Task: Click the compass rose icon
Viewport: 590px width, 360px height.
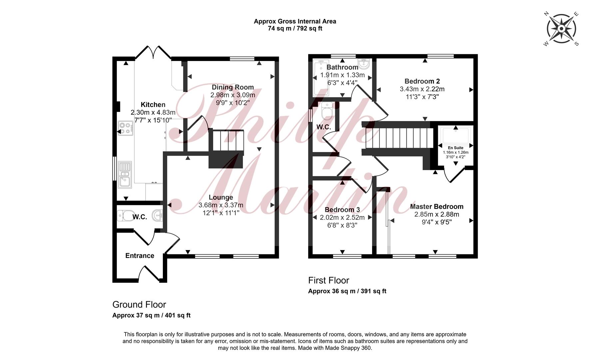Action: coord(562,29)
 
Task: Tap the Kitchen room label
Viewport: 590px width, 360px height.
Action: coord(153,105)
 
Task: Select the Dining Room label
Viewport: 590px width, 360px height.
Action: coord(233,87)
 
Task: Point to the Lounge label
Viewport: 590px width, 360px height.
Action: coord(221,198)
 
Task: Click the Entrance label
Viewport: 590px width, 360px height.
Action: coord(140,256)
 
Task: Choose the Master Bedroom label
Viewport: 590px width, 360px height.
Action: coord(437,207)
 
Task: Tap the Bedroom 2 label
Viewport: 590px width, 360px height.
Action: coord(422,81)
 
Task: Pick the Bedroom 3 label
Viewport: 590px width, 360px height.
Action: coord(342,210)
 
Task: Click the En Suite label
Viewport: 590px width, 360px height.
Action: coord(455,148)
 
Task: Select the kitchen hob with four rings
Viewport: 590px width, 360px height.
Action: coord(126,128)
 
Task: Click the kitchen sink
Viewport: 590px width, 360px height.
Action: coord(125,175)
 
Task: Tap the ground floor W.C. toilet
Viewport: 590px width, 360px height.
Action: coord(125,215)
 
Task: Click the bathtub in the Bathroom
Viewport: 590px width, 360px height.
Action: coord(321,78)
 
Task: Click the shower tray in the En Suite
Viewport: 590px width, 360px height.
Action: coord(455,136)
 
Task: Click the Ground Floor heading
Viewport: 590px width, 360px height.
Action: coord(139,305)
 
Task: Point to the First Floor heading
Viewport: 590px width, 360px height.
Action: coord(328,280)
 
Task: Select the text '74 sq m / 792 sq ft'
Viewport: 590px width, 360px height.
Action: coord(295,29)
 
